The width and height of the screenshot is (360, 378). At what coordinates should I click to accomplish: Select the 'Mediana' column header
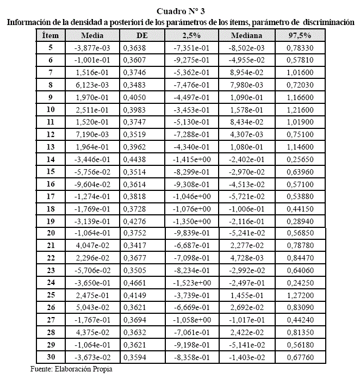[246, 35]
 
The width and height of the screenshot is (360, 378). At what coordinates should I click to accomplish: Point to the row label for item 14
[50, 159]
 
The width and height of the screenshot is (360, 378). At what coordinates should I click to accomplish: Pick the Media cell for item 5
[92, 48]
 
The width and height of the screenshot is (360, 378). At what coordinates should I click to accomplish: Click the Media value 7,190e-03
[92, 134]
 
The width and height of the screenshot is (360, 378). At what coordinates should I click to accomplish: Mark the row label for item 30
[50, 357]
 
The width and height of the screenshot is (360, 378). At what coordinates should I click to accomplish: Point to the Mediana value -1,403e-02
[246, 357]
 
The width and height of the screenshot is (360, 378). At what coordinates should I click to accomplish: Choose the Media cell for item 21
[92, 246]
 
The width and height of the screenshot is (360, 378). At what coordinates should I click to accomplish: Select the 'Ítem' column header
[50, 35]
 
